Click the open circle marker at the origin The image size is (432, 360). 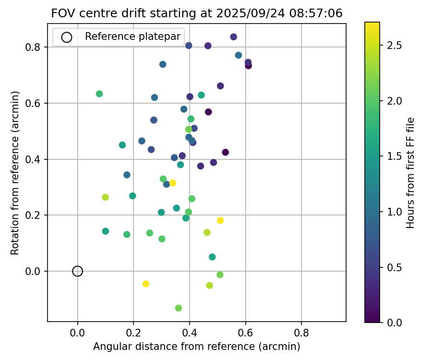[77, 271]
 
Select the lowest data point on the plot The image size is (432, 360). [179, 308]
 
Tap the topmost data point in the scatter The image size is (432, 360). [233, 37]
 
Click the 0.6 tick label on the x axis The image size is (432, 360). [246, 333]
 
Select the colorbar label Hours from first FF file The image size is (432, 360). [410, 173]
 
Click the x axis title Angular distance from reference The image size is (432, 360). [196, 347]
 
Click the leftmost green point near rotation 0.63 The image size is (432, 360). [99, 94]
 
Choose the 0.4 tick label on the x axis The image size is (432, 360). [190, 333]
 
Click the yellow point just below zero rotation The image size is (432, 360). [146, 284]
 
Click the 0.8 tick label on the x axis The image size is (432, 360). [301, 333]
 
